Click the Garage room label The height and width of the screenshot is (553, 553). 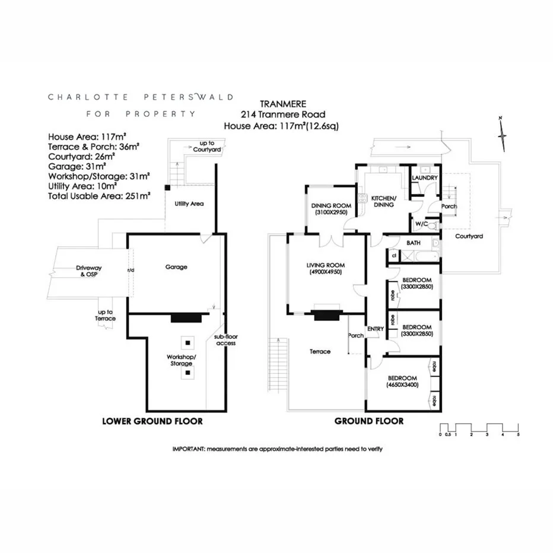(176, 267)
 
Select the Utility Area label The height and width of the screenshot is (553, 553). (189, 204)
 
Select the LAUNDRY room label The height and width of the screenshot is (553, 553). (425, 177)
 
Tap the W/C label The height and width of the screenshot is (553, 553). (421, 224)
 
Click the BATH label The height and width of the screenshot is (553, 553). (414, 243)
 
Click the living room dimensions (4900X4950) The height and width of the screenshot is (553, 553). (326, 272)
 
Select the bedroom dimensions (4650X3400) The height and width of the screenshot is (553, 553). (402, 384)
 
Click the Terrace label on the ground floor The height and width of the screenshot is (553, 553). (320, 352)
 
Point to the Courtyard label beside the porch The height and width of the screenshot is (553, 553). (469, 236)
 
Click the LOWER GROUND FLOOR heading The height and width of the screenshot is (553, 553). (152, 421)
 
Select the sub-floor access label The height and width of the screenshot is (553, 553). (225, 340)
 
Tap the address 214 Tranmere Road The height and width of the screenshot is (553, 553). (282, 115)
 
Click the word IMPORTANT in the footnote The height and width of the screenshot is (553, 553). (187, 449)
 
